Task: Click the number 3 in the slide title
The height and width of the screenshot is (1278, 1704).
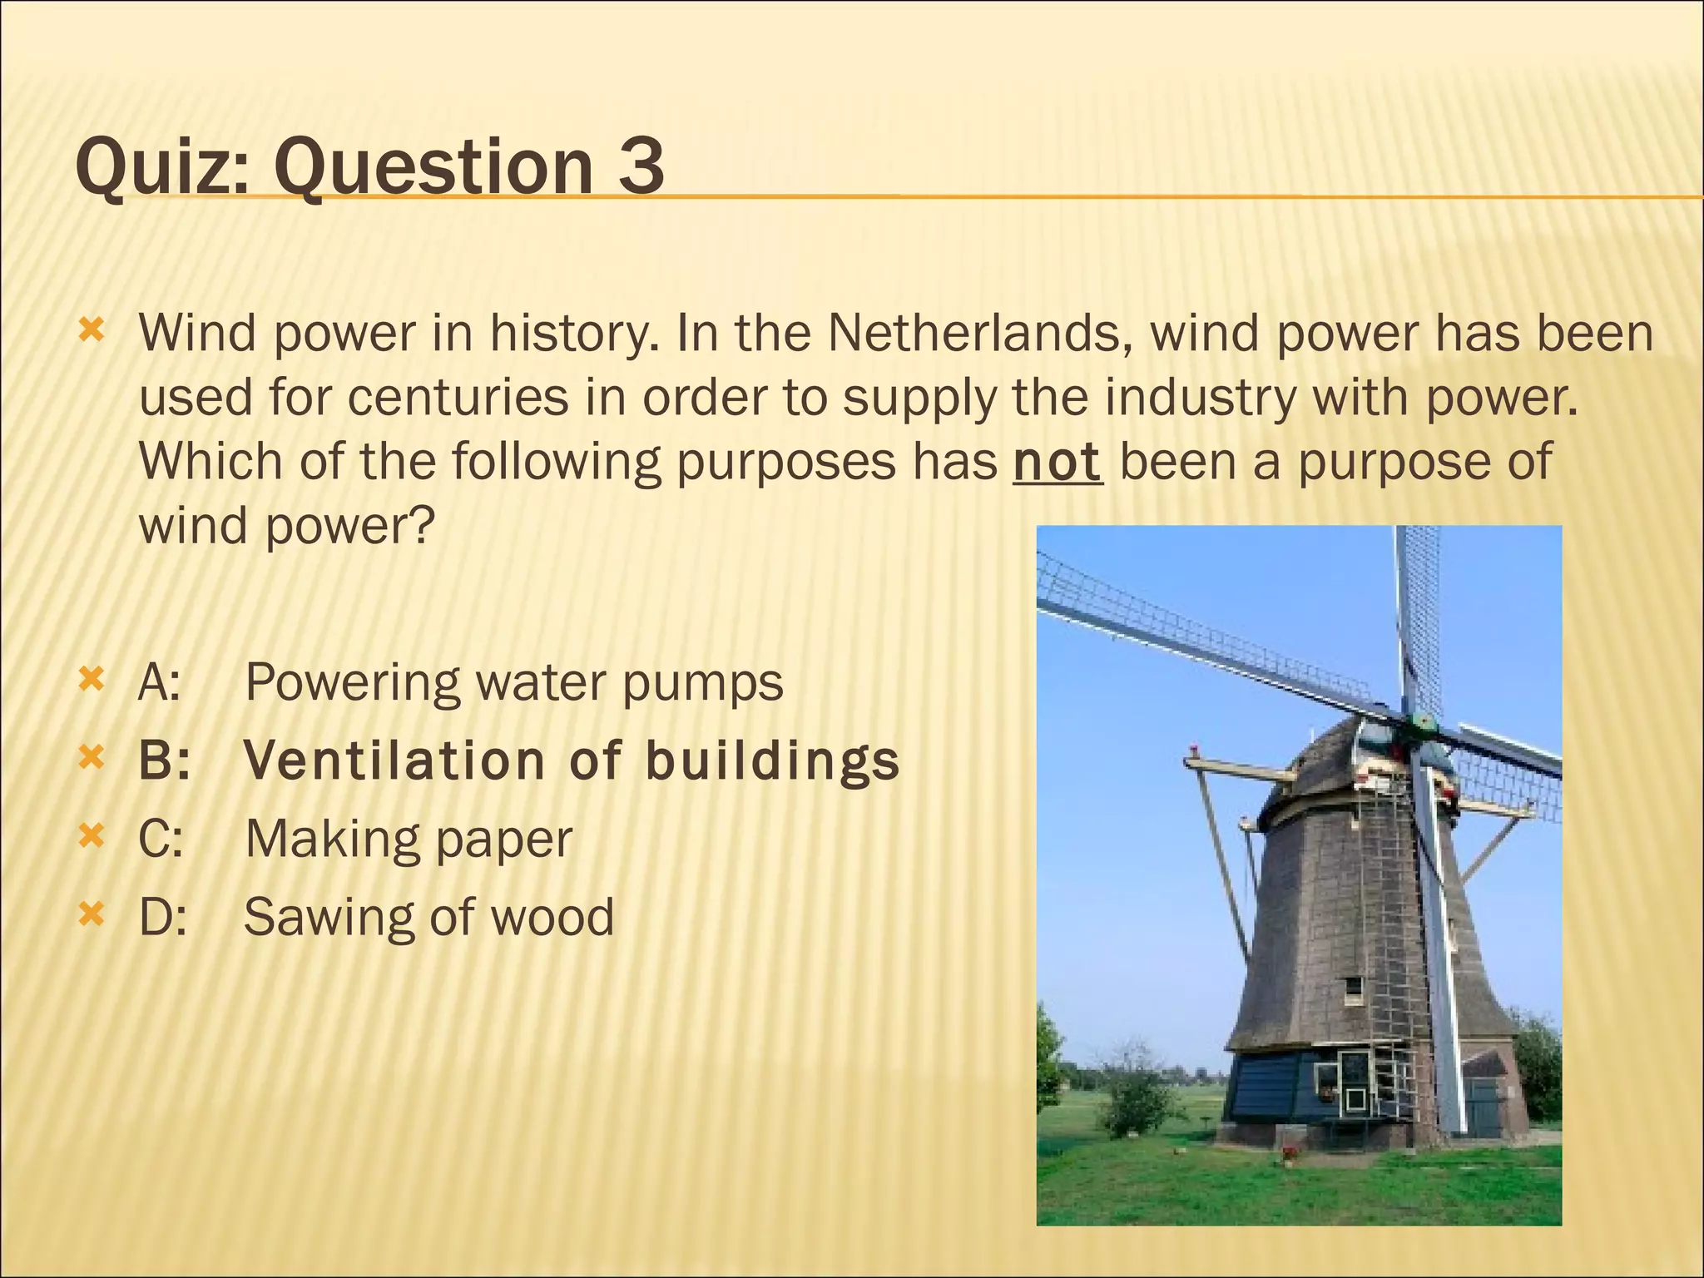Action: [x=641, y=166]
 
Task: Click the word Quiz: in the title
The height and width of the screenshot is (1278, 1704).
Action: [x=162, y=166]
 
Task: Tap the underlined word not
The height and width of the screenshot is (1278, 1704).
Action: [x=1058, y=462]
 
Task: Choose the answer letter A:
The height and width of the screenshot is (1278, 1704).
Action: [x=159, y=683]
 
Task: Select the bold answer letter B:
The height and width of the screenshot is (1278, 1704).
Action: [x=164, y=761]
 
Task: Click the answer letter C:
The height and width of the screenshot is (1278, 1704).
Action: [x=160, y=839]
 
